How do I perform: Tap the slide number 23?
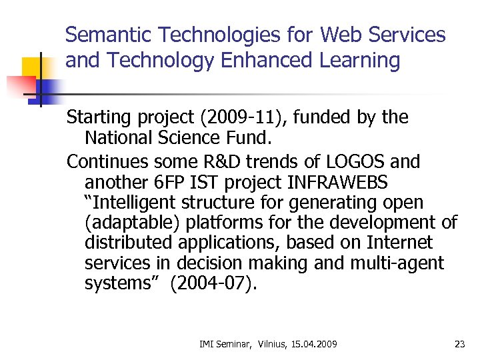459,344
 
